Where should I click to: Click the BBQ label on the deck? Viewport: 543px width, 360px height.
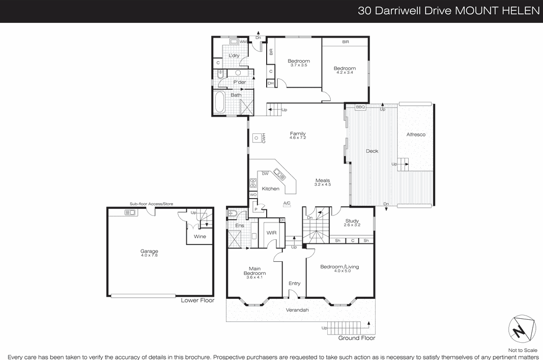pyautogui.click(x=360, y=107)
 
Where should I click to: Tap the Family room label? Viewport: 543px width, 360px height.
pyautogui.click(x=297, y=134)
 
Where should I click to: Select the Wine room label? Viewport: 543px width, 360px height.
pyautogui.click(x=199, y=236)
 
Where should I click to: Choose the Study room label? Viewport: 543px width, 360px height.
pyautogui.click(x=352, y=221)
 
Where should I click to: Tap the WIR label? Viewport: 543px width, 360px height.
pyautogui.click(x=271, y=232)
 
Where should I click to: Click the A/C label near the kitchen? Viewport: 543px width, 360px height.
pyautogui.click(x=287, y=203)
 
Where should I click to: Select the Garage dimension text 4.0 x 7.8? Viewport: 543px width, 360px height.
pyautogui.click(x=149, y=255)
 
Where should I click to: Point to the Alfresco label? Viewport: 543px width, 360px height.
pyautogui.click(x=416, y=134)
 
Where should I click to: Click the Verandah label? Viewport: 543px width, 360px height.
pyautogui.click(x=298, y=310)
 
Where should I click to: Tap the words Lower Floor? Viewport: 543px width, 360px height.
pyautogui.click(x=197, y=300)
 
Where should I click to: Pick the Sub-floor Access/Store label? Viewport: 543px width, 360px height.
pyautogui.click(x=151, y=204)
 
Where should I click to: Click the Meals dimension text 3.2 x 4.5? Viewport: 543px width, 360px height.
pyautogui.click(x=323, y=184)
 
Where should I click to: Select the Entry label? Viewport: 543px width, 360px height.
pyautogui.click(x=294, y=283)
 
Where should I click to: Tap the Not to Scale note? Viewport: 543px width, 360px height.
pyautogui.click(x=523, y=350)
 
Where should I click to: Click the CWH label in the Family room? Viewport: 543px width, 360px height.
pyautogui.click(x=264, y=137)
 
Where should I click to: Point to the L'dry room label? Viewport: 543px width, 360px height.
pyautogui.click(x=234, y=56)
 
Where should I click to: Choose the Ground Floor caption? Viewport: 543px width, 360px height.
pyautogui.click(x=357, y=338)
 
